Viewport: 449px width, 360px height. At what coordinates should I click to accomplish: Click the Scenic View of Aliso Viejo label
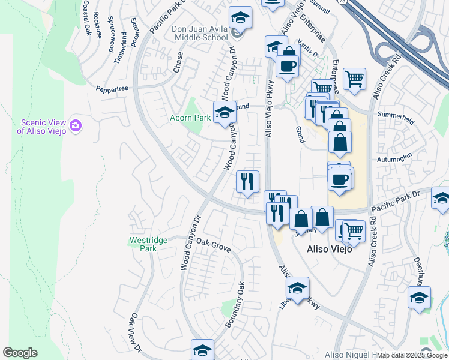point(41,125)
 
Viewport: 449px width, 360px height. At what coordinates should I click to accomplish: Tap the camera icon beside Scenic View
point(76,125)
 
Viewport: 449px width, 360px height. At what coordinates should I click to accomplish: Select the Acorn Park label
point(190,118)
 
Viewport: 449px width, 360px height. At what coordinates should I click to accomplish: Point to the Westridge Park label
point(148,244)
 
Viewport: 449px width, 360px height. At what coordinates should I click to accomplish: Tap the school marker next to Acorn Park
point(224,112)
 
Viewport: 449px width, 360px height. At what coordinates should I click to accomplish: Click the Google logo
point(20,353)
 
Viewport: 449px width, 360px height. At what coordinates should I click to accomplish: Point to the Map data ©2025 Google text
point(412,356)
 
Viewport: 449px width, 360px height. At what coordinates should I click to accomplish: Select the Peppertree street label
point(112,88)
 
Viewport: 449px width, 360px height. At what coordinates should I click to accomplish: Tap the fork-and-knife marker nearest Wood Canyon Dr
point(247,181)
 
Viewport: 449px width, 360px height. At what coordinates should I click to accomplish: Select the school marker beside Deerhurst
point(419,298)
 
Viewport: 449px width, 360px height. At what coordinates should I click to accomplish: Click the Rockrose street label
point(97,24)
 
